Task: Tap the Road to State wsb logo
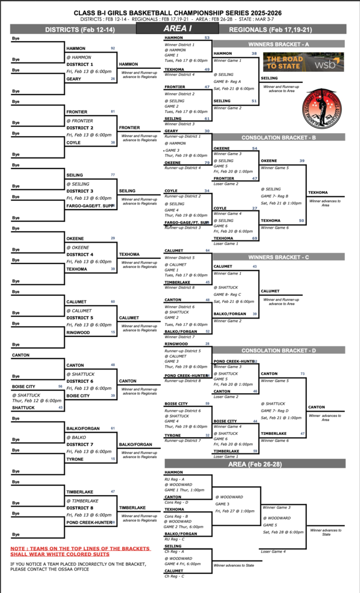[303, 63]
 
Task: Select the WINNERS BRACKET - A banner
[279, 44]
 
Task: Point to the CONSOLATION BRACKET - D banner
[279, 350]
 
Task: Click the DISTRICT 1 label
[79, 64]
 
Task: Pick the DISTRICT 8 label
[79, 508]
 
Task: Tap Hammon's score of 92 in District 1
[112, 48]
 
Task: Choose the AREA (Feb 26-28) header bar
[255, 464]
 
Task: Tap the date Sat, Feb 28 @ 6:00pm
[283, 532]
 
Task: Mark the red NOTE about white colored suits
[80, 550]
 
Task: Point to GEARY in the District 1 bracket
[73, 79]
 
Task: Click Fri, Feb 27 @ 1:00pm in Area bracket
[235, 511]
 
